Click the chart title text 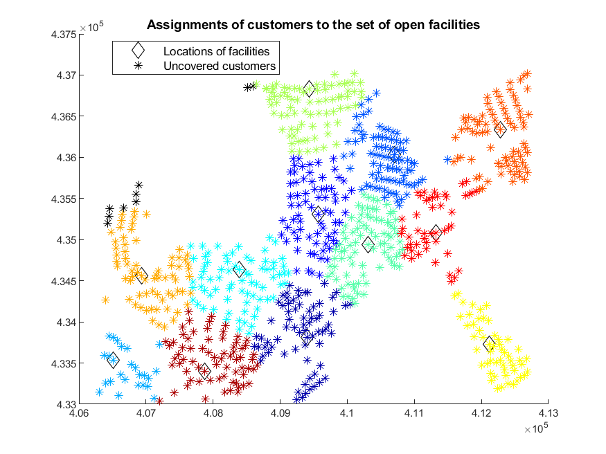tap(314, 25)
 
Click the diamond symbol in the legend tap(138, 51)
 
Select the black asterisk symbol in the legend tap(138, 66)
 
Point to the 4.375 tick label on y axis tap(64, 35)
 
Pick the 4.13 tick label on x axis tap(548, 413)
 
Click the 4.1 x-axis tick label tap(347, 413)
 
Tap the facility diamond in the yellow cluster tap(489, 344)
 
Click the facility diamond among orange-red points tap(500, 129)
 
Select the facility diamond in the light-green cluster tap(309, 89)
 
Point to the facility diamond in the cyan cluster tap(239, 269)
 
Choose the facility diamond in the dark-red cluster tap(204, 371)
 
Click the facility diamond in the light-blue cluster tap(114, 360)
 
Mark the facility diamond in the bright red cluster tap(436, 233)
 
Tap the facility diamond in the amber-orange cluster tap(142, 276)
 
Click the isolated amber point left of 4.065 tap(105, 300)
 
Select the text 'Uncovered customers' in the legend tap(220, 66)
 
